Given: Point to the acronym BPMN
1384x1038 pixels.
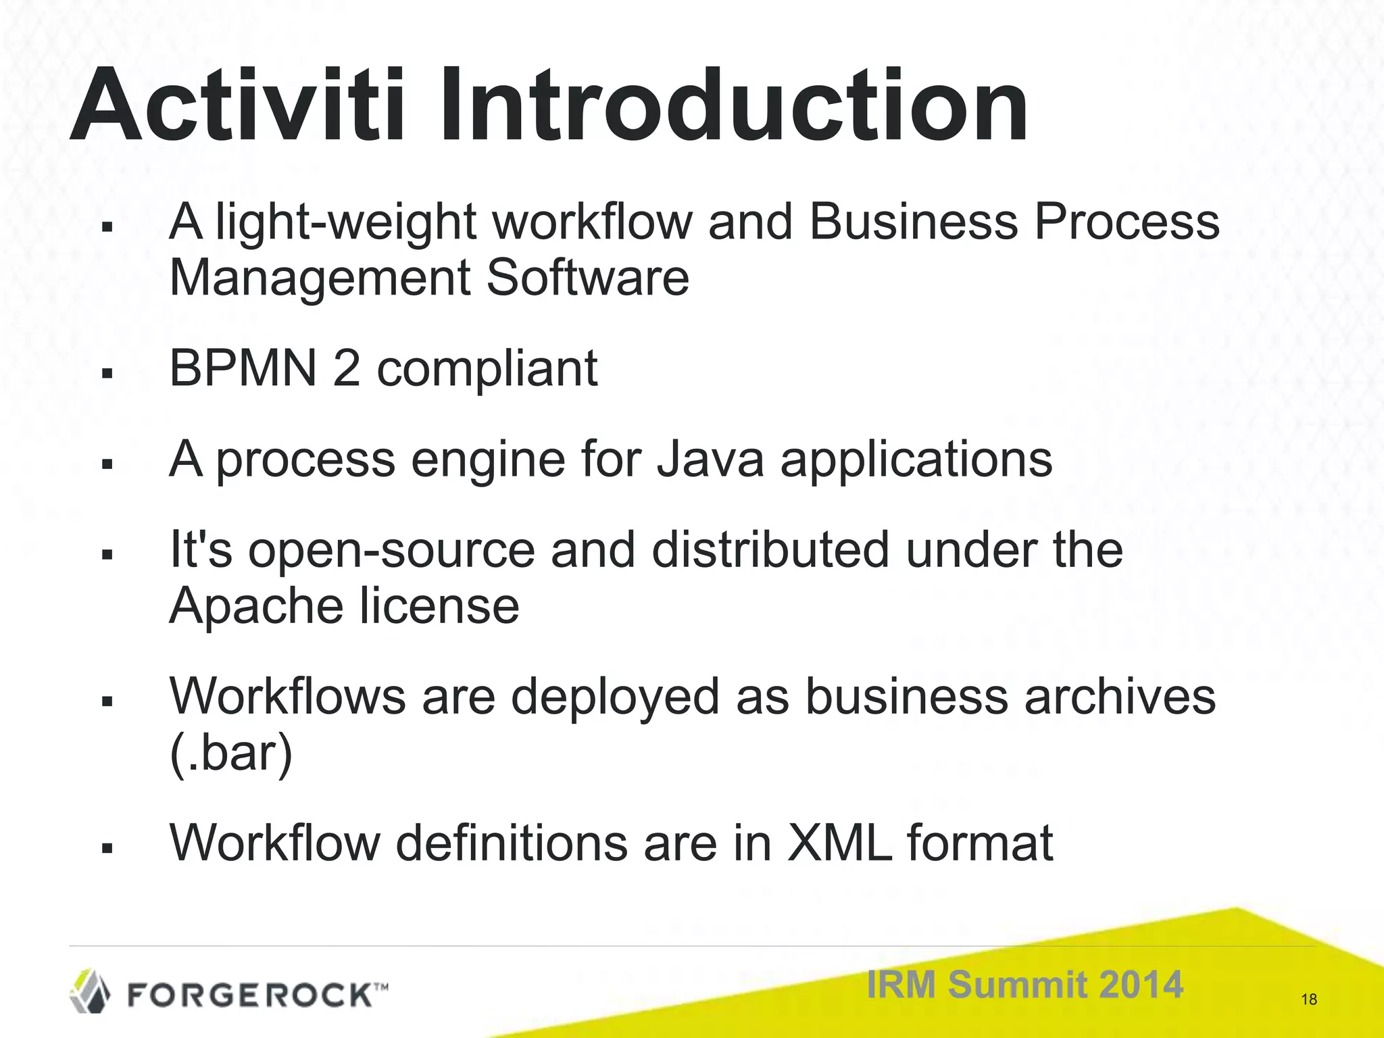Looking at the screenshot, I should click(243, 369).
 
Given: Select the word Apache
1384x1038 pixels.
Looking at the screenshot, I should click(256, 606).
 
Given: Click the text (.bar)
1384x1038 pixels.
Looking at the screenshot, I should click(230, 753).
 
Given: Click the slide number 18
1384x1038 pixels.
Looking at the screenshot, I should click(1308, 999).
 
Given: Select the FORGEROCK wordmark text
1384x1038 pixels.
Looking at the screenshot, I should click(249, 995).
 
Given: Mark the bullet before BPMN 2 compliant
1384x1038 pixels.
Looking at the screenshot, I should click(106, 374).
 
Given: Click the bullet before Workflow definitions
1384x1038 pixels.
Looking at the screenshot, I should click(106, 847).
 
